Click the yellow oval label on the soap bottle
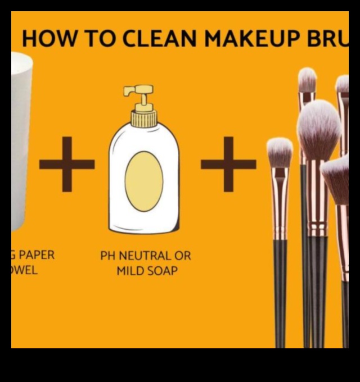click(x=144, y=181)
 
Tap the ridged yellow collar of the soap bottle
click(x=144, y=119)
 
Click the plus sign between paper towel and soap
click(x=67, y=164)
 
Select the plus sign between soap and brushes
click(x=228, y=164)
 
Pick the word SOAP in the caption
click(x=163, y=271)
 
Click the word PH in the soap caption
click(x=108, y=256)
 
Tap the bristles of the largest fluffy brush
click(x=318, y=129)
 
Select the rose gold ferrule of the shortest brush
click(x=280, y=202)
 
